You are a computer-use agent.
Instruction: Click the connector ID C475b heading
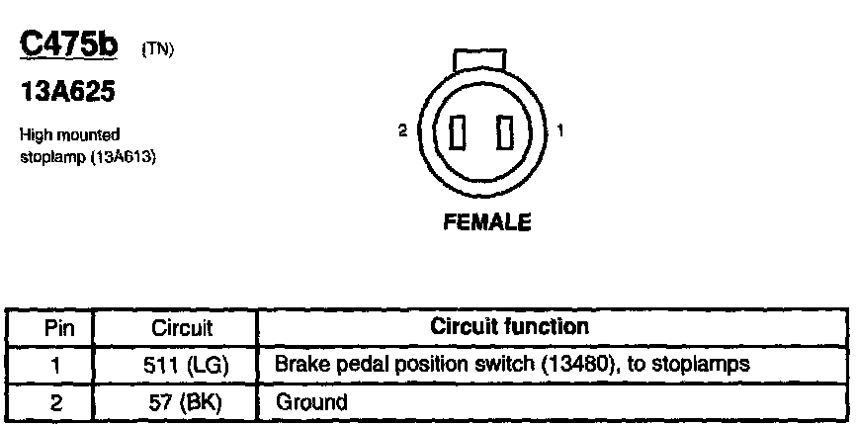[x=74, y=44]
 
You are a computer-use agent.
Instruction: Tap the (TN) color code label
[x=158, y=48]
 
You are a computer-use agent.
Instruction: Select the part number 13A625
[x=67, y=93]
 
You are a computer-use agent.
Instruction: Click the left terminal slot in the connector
[x=458, y=131]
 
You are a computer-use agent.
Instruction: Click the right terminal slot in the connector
[x=506, y=131]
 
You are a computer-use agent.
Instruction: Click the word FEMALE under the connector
[x=487, y=222]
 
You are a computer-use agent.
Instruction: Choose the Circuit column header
[x=182, y=328]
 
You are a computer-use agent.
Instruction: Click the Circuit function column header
[x=510, y=327]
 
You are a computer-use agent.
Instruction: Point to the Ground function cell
[x=311, y=401]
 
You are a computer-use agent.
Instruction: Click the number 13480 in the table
[x=568, y=365]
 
